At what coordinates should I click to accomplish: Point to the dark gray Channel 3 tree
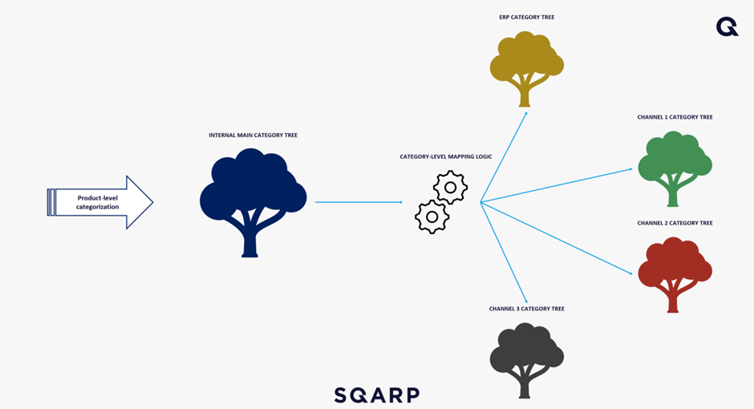point(526,358)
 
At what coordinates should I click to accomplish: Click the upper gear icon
point(450,188)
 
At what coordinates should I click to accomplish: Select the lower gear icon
point(432,216)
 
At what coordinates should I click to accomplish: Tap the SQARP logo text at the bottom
point(376,395)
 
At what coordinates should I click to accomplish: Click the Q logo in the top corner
point(727,27)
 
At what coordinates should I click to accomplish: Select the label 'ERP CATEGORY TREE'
point(526,17)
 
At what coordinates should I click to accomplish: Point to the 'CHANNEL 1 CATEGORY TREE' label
point(675,117)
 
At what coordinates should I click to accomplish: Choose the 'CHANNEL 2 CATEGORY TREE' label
point(675,223)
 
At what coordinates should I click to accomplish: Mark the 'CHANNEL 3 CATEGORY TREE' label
point(526,309)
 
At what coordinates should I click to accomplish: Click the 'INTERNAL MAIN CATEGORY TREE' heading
point(253,136)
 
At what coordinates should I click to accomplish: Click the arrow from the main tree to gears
point(359,202)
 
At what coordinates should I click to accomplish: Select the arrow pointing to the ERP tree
point(504,156)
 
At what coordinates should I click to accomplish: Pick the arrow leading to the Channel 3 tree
point(504,251)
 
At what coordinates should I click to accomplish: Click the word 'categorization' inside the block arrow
point(98,207)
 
